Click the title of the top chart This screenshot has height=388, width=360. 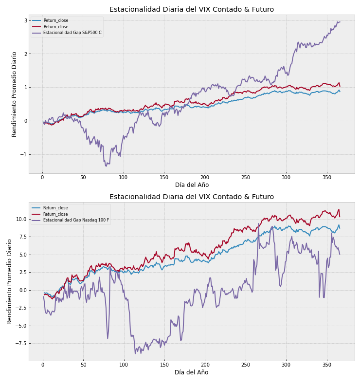(x=191, y=9)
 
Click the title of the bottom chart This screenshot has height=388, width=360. (x=191, y=197)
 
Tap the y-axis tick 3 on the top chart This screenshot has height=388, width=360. (x=25, y=20)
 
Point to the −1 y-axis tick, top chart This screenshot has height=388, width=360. (x=23, y=154)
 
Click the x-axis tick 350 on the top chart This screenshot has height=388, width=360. (x=326, y=178)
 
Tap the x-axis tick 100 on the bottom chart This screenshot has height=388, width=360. (x=124, y=365)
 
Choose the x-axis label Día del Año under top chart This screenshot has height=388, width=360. (x=191, y=185)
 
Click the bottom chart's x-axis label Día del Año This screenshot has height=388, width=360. (x=191, y=372)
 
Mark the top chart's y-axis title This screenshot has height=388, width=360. (x=15, y=94)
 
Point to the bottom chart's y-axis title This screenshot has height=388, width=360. (x=10, y=281)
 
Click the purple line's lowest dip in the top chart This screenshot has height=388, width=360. (x=106, y=166)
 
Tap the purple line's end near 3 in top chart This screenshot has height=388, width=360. (x=340, y=21)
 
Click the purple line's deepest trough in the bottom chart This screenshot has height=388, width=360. (x=135, y=353)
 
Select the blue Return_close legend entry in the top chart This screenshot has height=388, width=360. (x=55, y=20)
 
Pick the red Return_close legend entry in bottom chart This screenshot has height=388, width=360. (x=55, y=214)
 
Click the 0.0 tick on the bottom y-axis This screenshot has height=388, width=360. (x=21, y=290)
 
